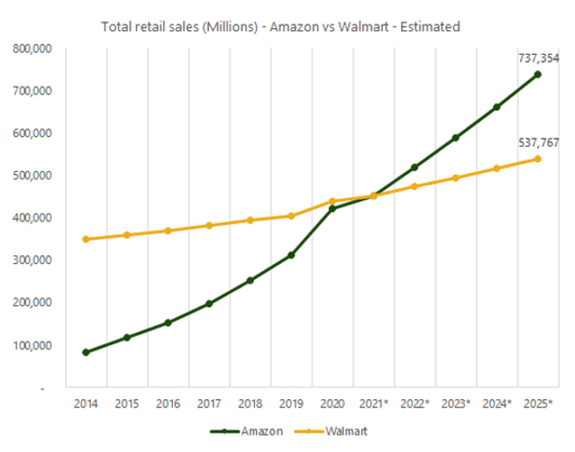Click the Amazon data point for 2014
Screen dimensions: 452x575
pos(86,352)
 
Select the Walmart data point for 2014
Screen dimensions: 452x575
pos(86,239)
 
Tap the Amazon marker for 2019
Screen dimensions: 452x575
pos(291,255)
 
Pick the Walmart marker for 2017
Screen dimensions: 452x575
pos(209,225)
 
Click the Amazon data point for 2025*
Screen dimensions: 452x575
pos(538,74)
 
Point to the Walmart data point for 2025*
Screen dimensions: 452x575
pos(538,159)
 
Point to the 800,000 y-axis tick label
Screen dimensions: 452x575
pos(34,49)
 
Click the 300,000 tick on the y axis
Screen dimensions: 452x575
pos(34,260)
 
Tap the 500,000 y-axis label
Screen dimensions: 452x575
pos(34,176)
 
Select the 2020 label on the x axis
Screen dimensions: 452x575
pos(332,403)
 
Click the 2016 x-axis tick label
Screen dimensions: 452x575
pos(168,403)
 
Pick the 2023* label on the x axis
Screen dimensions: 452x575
pos(456,403)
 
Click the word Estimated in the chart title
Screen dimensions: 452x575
pos(429,27)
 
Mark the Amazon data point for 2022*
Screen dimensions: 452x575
pos(414,167)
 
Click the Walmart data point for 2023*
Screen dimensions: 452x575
pos(456,177)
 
